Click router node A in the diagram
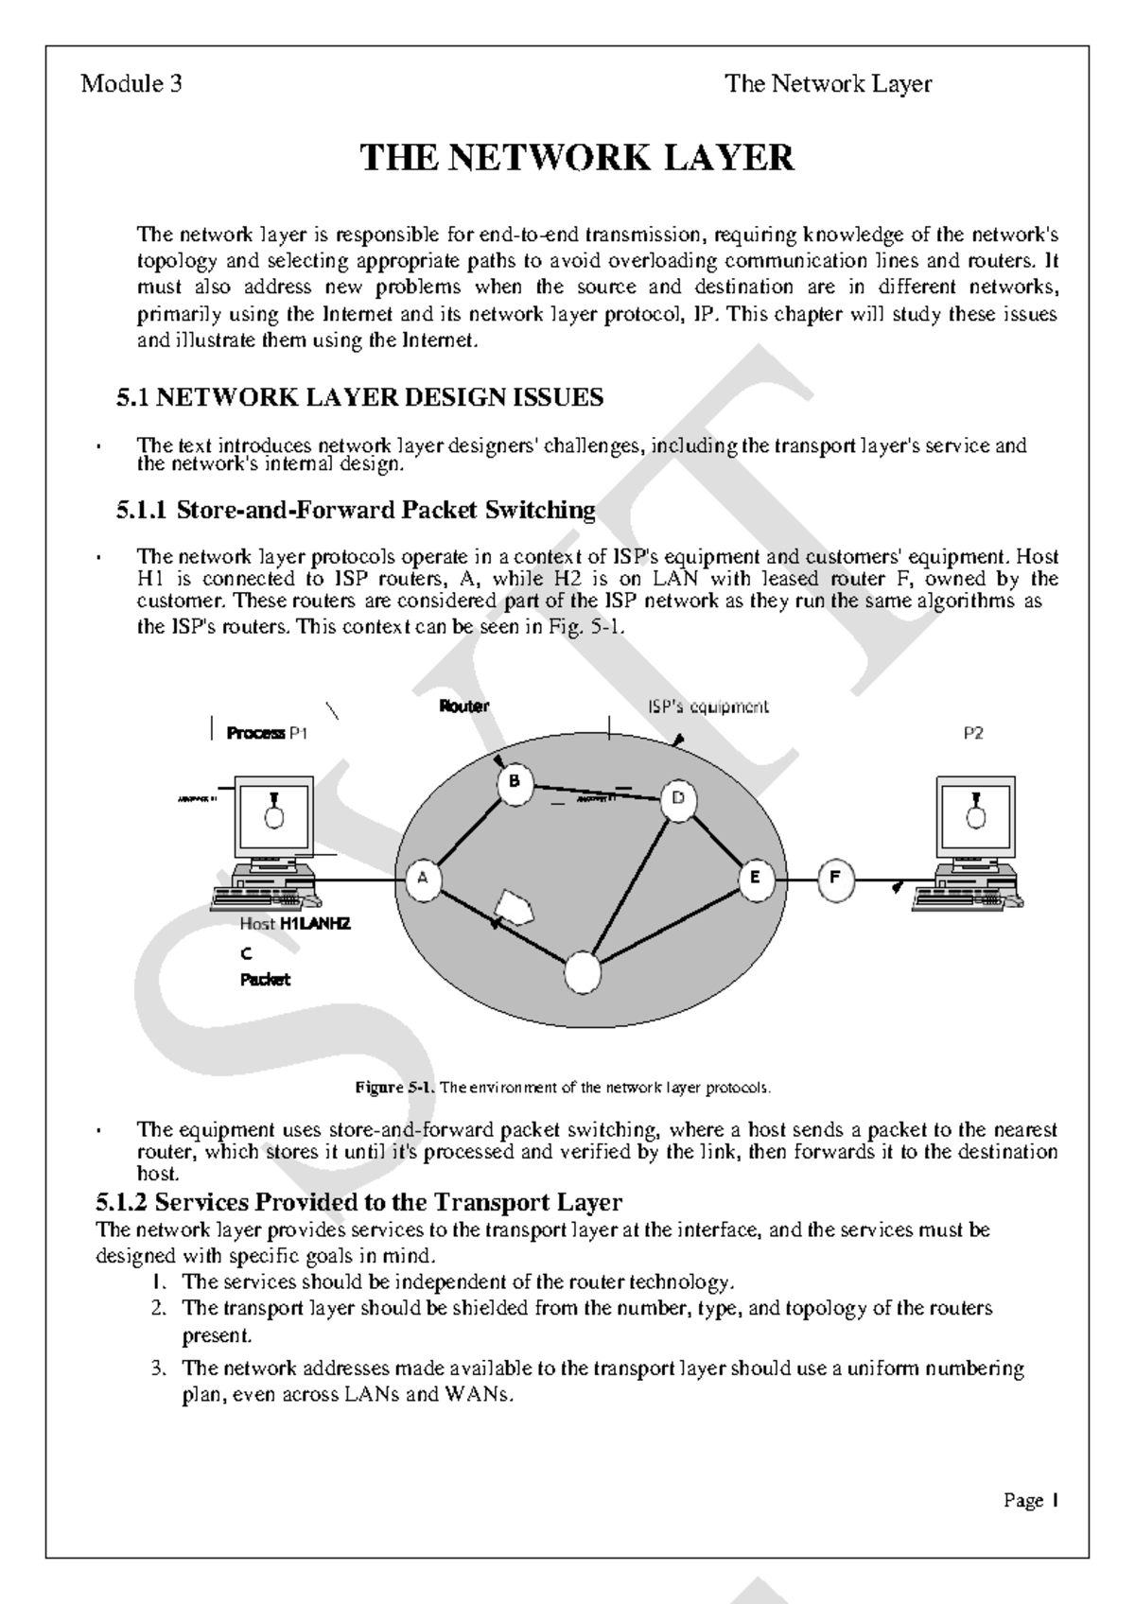coord(423,878)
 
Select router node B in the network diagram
coord(515,783)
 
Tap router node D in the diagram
coord(677,799)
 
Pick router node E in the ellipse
coord(755,878)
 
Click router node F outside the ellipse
coord(834,878)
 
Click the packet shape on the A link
coord(514,908)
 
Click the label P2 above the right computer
coord(973,733)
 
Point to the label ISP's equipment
coord(707,706)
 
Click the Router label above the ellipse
coord(463,706)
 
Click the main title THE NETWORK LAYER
coord(577,158)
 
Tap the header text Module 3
coord(131,84)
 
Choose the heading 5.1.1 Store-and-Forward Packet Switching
coord(356,511)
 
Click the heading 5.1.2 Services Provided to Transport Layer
coord(359,1202)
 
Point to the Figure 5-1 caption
coord(564,1088)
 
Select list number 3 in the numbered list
coord(159,1369)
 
